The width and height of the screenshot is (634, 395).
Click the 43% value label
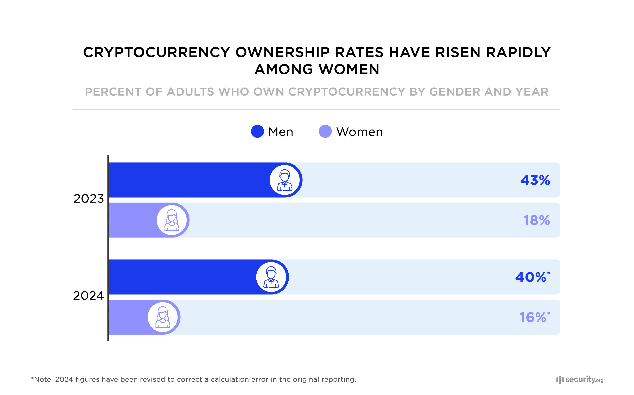[535, 180]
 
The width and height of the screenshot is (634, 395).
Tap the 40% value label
[531, 277]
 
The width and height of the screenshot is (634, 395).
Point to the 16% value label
[533, 317]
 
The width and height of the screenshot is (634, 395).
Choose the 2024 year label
[88, 296]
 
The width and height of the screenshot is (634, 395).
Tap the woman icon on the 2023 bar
[172, 220]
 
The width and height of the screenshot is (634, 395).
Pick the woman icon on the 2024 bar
[163, 317]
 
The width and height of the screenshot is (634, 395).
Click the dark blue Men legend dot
[257, 131]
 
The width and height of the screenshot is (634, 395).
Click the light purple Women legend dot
[325, 131]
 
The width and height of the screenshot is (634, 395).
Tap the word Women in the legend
[359, 132]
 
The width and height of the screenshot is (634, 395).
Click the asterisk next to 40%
[549, 273]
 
